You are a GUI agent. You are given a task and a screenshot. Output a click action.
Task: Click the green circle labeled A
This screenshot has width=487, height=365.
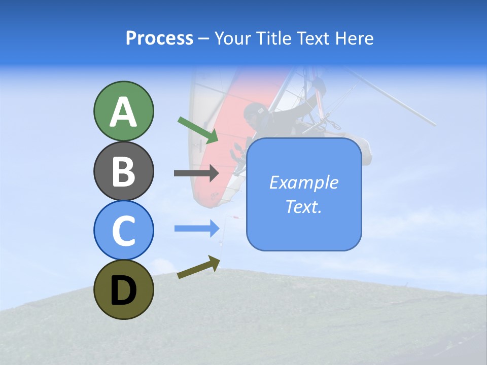[124, 111]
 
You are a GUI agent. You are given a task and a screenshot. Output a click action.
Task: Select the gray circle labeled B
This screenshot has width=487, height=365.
[124, 171]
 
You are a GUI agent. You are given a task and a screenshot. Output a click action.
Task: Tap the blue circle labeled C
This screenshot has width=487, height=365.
[124, 230]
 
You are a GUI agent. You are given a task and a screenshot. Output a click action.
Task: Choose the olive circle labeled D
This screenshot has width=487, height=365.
[124, 289]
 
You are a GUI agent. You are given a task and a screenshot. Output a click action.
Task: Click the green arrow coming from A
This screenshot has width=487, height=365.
[198, 130]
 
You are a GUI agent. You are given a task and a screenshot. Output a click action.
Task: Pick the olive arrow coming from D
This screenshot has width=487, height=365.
[198, 267]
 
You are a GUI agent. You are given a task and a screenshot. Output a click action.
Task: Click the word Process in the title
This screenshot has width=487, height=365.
[159, 38]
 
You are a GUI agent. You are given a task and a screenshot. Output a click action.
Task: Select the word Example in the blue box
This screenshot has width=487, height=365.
[303, 182]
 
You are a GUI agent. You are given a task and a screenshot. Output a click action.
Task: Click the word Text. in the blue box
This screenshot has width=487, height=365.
[303, 206]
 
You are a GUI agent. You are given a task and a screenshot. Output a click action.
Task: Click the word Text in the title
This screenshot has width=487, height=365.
[312, 38]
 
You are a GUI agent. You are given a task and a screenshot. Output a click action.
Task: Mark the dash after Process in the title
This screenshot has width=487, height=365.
[204, 39]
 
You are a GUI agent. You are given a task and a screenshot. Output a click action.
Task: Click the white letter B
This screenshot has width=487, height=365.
[124, 171]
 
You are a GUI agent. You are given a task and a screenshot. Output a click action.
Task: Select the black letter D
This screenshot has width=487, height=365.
[124, 289]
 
